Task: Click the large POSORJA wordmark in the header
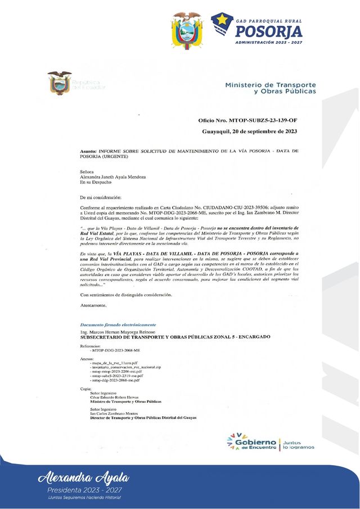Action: (268, 30)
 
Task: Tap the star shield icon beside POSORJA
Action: (222, 24)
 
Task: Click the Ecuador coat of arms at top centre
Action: (186, 30)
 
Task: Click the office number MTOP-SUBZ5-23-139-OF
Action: (247, 121)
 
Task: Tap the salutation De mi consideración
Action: (100, 197)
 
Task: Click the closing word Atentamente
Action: (93, 305)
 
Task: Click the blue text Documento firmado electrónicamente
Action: (118, 325)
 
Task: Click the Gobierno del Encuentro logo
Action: (251, 442)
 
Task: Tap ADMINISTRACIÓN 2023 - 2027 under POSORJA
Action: (268, 42)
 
